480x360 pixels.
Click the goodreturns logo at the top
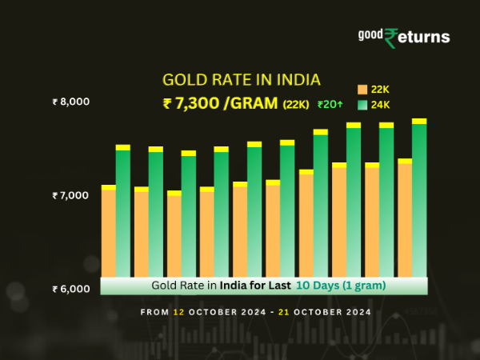[403, 36]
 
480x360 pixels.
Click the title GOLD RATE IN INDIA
[241, 80]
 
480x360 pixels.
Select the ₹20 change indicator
[329, 104]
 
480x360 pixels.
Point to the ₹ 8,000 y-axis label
[70, 102]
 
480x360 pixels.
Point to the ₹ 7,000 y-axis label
[70, 195]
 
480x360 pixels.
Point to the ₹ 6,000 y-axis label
[70, 289]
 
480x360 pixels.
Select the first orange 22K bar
[109, 232]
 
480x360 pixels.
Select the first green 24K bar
[123, 212]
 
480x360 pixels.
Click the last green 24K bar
[419, 200]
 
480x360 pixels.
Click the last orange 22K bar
[405, 220]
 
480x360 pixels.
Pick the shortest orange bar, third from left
[174, 235]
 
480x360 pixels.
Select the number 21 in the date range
[282, 312]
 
